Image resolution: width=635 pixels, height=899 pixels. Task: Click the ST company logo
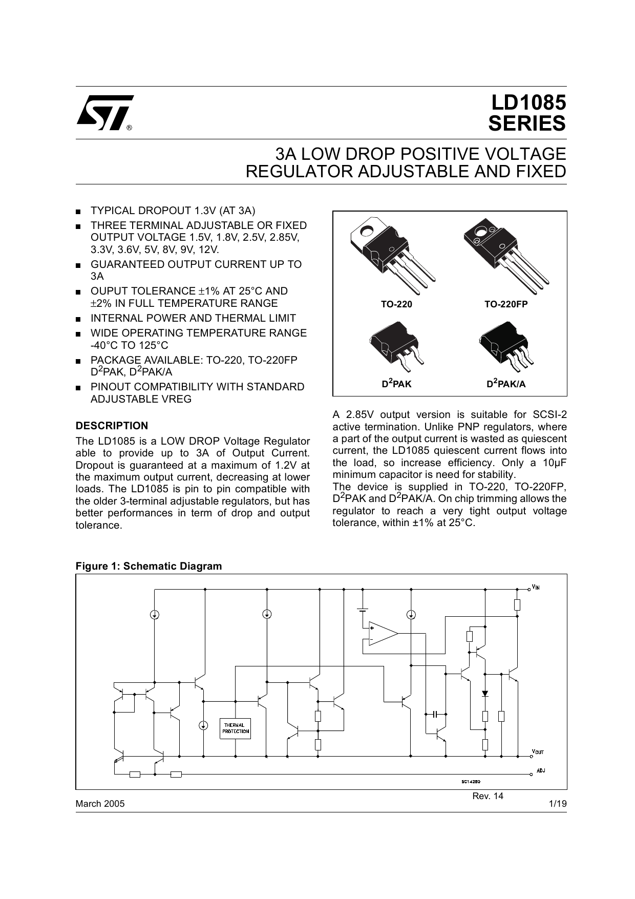tap(104, 112)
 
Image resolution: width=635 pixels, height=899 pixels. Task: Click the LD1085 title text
tap(529, 102)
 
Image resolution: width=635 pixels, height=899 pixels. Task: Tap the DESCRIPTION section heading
tap(112, 426)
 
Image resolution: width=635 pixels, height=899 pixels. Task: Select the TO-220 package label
tap(396, 304)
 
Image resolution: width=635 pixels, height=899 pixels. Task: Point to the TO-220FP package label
tap(506, 304)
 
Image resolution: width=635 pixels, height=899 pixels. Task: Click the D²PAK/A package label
tap(505, 384)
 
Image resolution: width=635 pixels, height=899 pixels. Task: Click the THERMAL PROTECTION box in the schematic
tap(236, 728)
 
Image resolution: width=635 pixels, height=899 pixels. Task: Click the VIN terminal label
tap(536, 587)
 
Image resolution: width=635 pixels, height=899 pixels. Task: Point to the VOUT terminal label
tap(538, 752)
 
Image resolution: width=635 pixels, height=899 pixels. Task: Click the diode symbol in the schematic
tap(485, 694)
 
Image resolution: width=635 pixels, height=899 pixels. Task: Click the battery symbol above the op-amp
tap(363, 610)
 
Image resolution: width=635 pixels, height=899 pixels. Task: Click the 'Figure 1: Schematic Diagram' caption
tap(149, 566)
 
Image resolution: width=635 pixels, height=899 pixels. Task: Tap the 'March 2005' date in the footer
tap(100, 804)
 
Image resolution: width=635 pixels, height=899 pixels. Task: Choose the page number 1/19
tap(558, 804)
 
